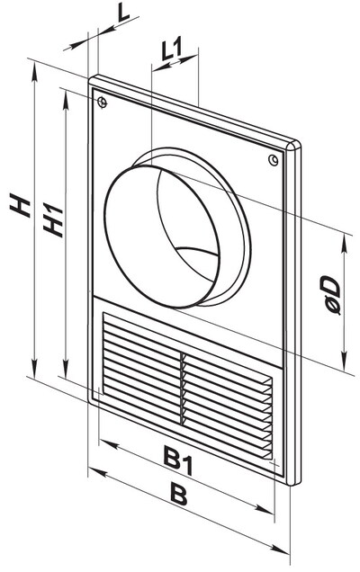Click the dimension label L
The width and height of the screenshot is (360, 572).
point(124,13)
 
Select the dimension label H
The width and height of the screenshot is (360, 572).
point(20,206)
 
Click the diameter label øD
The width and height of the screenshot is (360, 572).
point(330,295)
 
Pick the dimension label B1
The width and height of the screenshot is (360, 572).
point(178,461)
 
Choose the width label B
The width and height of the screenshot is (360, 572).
point(179,494)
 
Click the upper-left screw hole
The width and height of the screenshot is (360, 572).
point(103,103)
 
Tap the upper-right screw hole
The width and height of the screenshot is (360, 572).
point(273,159)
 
